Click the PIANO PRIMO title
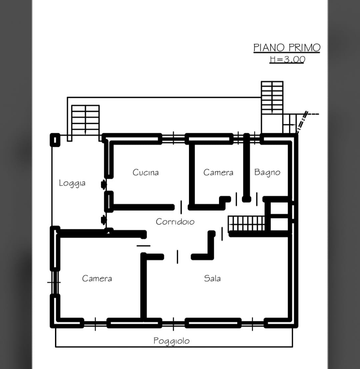[287, 48]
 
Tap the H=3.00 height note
[287, 59]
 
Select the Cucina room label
[146, 172]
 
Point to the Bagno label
[267, 172]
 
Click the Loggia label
[72, 183]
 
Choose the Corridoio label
[175, 221]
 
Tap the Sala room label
[212, 278]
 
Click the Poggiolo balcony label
[172, 341]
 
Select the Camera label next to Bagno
[218, 172]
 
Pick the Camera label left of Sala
[97, 278]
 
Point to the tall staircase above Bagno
[272, 98]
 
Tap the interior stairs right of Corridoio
[247, 224]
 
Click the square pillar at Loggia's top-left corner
[55, 140]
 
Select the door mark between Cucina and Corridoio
[181, 207]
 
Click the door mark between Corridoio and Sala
[177, 257]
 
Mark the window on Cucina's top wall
[173, 138]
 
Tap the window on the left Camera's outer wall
[55, 282]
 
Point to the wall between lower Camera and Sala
[144, 287]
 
